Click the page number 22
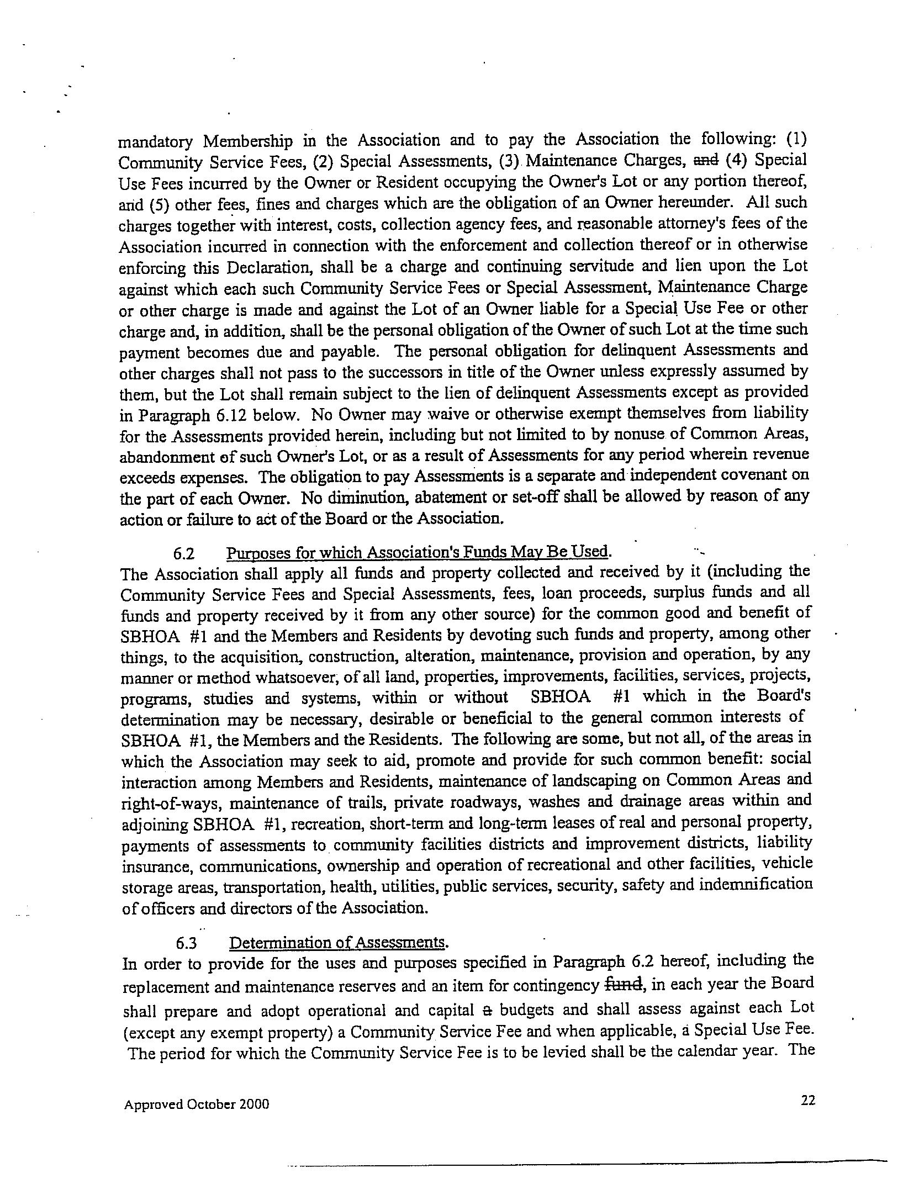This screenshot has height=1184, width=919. (x=808, y=1100)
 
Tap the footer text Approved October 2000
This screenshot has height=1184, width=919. (x=197, y=1104)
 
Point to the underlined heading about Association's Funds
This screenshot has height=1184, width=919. (x=418, y=552)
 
